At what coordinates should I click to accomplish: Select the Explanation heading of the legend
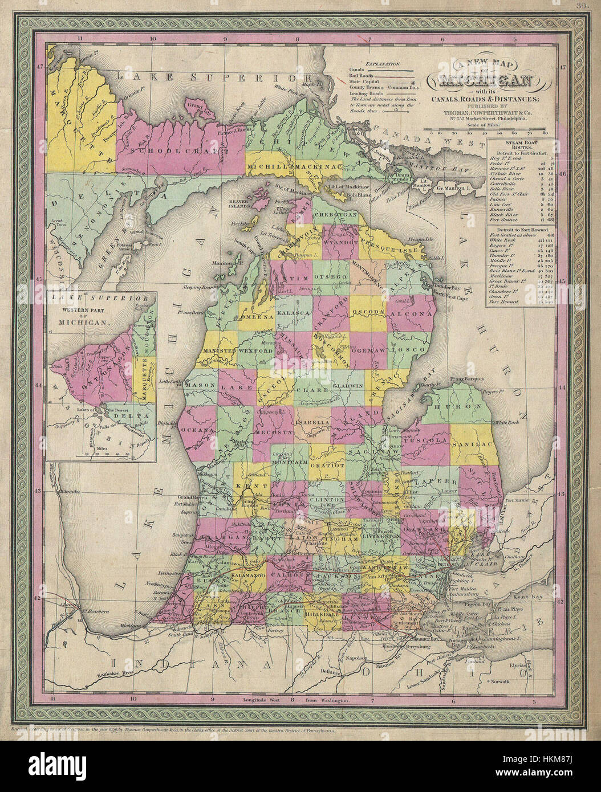383,64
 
